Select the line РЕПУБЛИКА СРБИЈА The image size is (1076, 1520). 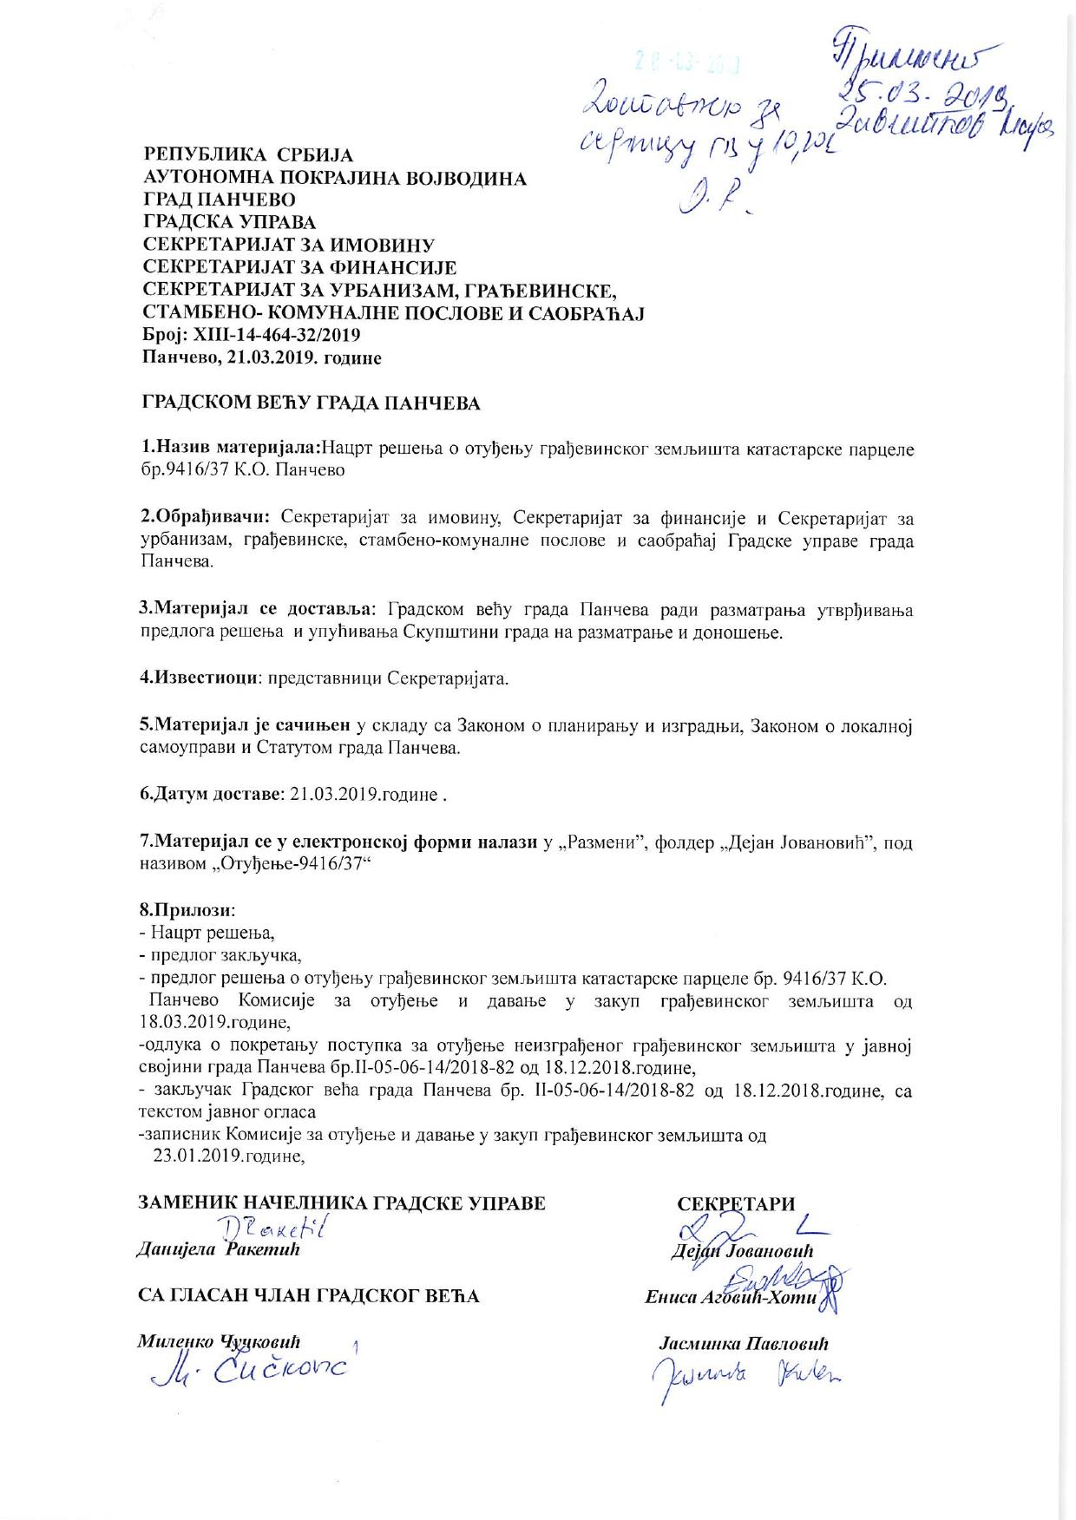(x=248, y=156)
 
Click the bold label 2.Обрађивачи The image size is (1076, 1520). (x=205, y=517)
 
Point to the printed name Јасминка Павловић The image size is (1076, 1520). (x=745, y=1344)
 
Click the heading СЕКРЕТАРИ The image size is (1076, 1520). (x=736, y=1203)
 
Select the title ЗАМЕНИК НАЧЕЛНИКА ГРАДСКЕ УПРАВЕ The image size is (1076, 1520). (x=343, y=1203)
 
